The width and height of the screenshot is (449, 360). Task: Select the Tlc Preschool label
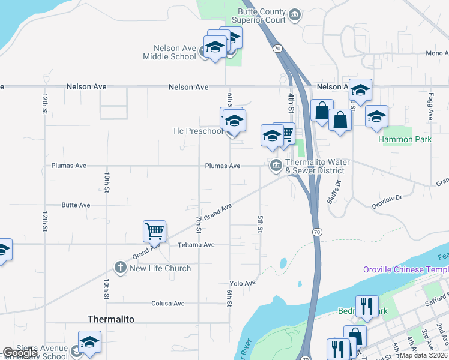point(197,131)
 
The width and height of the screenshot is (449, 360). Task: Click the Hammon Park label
point(405,139)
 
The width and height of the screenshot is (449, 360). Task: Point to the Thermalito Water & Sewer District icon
point(276,166)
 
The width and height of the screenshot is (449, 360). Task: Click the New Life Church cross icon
point(121,268)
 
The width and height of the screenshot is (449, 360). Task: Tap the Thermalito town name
point(110,319)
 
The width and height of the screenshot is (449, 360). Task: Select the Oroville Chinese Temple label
point(405,269)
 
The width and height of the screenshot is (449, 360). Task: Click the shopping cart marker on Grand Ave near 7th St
point(154,231)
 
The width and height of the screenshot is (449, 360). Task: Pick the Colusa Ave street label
point(167,304)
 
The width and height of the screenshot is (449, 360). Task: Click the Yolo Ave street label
point(243,283)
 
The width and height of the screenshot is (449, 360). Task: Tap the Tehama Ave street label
point(196,245)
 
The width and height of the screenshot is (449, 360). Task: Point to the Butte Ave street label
point(76,205)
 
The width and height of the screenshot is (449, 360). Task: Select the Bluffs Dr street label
point(334,192)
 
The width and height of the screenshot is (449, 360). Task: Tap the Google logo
point(19,353)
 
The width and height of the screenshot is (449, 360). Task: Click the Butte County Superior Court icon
point(295,14)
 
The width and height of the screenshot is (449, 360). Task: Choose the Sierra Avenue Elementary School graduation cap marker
point(89,342)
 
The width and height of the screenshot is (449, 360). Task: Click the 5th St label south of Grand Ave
point(261,224)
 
